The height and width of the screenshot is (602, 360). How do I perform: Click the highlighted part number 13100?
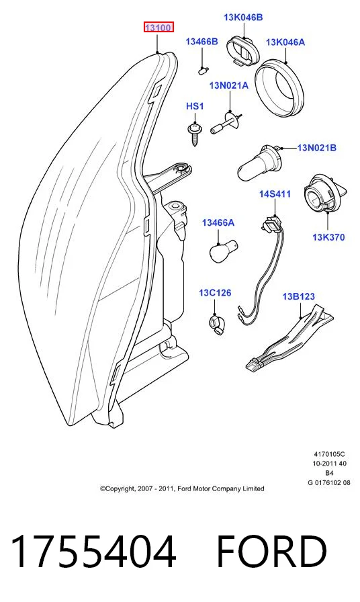click(159, 28)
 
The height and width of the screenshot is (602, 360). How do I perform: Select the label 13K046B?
click(243, 17)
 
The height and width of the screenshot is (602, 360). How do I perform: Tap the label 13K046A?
click(285, 42)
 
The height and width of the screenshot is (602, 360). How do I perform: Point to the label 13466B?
click(201, 42)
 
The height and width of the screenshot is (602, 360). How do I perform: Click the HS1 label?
click(195, 106)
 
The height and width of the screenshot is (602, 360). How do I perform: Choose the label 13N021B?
click(316, 147)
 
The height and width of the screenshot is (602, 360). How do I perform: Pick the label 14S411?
click(275, 194)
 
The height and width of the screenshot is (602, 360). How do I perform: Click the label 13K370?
click(328, 237)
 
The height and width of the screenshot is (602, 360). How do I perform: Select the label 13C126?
click(215, 293)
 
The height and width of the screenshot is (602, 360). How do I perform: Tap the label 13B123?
click(299, 296)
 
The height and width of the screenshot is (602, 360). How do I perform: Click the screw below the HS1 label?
click(195, 134)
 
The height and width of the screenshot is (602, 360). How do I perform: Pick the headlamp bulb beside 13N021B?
click(259, 164)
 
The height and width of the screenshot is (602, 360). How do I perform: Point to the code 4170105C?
click(329, 454)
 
